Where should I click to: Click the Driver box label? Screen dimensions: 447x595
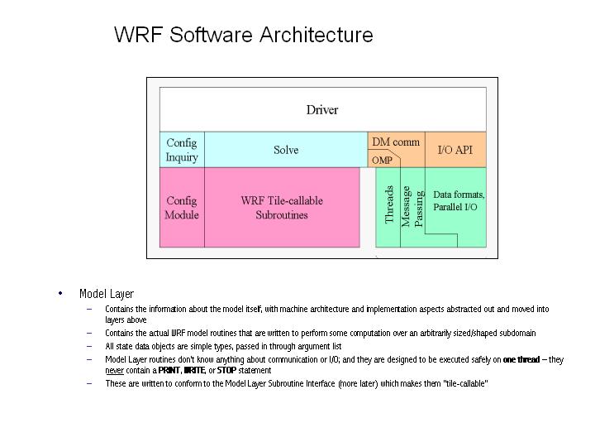tap(321, 109)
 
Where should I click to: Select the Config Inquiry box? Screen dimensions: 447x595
tap(182, 150)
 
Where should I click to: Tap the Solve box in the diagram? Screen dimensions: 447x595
tap(286, 150)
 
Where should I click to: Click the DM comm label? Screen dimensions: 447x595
tap(396, 142)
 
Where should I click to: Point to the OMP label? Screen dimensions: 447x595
tap(382, 161)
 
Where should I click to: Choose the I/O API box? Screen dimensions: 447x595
tap(455, 150)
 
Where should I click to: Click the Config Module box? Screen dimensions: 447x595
tap(182, 208)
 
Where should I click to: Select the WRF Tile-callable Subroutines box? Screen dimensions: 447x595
tap(282, 208)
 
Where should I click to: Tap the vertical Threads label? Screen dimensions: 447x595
tap(389, 204)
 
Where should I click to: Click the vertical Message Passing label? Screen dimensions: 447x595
tap(412, 206)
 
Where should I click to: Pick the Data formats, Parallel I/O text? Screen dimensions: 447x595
tap(459, 200)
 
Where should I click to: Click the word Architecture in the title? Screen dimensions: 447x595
tap(317, 35)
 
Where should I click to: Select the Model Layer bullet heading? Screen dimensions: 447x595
tap(107, 294)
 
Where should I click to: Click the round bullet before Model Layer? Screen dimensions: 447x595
tap(60, 293)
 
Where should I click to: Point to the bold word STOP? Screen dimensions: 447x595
tap(226, 370)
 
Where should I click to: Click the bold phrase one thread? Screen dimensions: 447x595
tap(521, 359)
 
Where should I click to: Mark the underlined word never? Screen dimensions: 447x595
tap(114, 370)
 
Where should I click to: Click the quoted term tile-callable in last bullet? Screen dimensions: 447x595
tap(465, 383)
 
